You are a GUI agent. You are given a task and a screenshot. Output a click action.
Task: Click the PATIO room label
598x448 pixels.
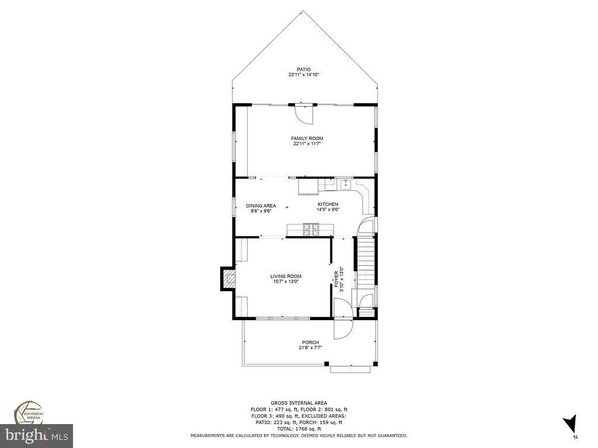pos(303,69)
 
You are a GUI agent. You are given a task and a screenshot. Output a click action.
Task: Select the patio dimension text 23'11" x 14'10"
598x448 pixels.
pos(303,75)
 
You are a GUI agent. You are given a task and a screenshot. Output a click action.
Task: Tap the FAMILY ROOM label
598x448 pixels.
pos(307,138)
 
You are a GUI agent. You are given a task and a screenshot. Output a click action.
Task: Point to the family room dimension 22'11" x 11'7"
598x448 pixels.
pos(307,143)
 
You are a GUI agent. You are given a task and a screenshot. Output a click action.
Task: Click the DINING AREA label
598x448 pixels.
pos(260,205)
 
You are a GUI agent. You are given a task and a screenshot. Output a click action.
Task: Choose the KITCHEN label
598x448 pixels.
pos(328,204)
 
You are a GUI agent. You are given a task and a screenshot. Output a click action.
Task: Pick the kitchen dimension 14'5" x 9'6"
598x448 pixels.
pos(328,209)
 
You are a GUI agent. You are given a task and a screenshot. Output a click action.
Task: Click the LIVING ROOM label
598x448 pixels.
pos(286,276)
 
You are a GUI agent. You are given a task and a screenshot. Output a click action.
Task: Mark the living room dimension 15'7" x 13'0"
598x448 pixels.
pos(286,282)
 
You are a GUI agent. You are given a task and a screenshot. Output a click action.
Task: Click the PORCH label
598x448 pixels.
pos(310,342)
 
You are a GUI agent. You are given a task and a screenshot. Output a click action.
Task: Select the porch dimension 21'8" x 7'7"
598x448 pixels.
pos(310,348)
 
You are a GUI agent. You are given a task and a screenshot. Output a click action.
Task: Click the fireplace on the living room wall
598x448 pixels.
pos(227,279)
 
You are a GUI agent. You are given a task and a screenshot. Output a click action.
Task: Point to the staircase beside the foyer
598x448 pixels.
pos(364,262)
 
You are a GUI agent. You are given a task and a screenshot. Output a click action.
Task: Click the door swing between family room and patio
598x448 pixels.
pos(304,114)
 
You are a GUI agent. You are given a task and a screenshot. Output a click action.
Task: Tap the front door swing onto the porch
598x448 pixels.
pos(341,329)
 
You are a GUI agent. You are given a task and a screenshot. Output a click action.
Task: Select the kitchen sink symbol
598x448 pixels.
pos(345,185)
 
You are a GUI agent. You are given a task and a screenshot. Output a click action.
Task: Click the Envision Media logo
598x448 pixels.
pos(27,412)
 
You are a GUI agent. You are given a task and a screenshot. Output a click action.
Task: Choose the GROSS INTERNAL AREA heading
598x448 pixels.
pos(298,403)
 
